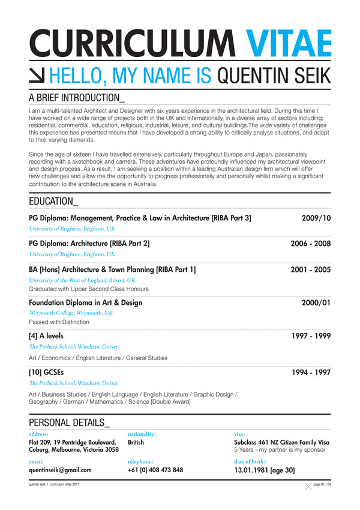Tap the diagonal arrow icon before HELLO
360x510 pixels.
pyautogui.click(x=37, y=76)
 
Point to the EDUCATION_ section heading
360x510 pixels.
pyautogui.click(x=53, y=200)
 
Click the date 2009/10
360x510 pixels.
pyautogui.click(x=316, y=217)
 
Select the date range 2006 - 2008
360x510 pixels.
pyautogui.click(x=311, y=244)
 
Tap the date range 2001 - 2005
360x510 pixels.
pyautogui.click(x=311, y=269)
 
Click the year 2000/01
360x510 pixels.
pyautogui.click(x=316, y=302)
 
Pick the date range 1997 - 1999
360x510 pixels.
pyautogui.click(x=311, y=336)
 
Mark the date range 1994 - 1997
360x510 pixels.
pyautogui.click(x=311, y=372)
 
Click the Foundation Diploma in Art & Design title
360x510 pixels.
pyautogui.click(x=85, y=302)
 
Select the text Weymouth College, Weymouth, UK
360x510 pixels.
pyautogui.click(x=70, y=313)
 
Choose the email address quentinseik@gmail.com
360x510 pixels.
pyautogui.click(x=60, y=470)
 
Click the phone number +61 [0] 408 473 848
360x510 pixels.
pyautogui.click(x=155, y=470)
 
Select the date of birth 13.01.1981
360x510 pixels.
pyautogui.click(x=255, y=470)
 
